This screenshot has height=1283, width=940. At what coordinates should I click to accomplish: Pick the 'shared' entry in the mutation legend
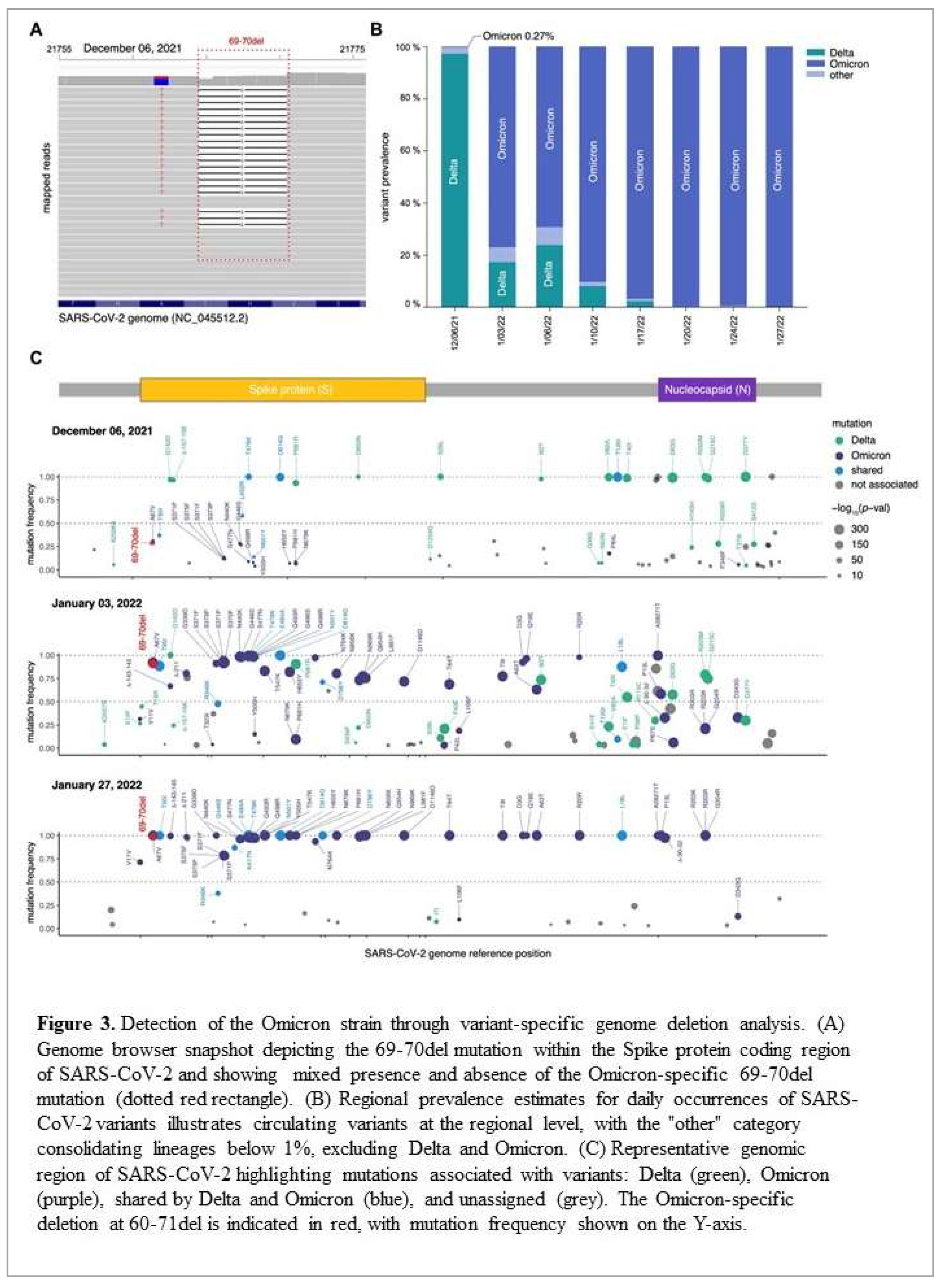click(x=866, y=470)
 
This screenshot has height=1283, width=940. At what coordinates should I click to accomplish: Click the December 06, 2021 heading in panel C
click(x=102, y=431)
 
